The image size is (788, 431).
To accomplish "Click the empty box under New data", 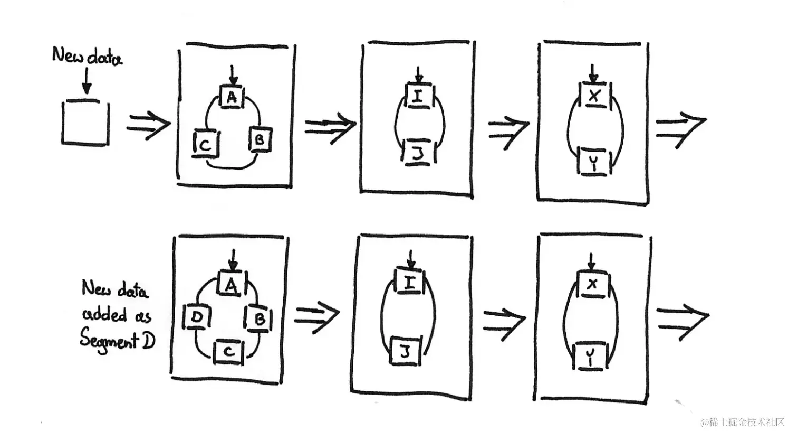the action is (x=85, y=123).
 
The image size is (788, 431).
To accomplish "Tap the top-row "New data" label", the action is (x=87, y=57).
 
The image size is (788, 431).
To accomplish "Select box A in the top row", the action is (x=232, y=96).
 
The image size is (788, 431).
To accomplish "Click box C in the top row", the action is (x=206, y=144).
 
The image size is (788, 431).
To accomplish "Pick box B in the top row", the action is (x=261, y=139).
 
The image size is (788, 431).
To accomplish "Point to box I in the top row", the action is (x=418, y=96).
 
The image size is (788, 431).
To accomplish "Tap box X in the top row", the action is (x=594, y=95).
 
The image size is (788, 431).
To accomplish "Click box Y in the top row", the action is (x=594, y=162).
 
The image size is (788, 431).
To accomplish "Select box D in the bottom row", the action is (x=197, y=317).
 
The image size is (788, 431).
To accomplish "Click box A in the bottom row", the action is (x=232, y=283).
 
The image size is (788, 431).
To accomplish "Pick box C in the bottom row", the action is (x=229, y=352).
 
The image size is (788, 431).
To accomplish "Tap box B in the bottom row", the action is (x=259, y=318).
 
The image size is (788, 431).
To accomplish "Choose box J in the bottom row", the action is (x=405, y=351).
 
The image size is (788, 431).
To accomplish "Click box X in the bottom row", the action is (x=593, y=284).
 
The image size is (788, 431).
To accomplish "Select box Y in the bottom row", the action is (x=591, y=356).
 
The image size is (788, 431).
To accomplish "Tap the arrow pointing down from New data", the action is (x=86, y=81).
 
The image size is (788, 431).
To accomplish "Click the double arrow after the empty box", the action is (x=148, y=125).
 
